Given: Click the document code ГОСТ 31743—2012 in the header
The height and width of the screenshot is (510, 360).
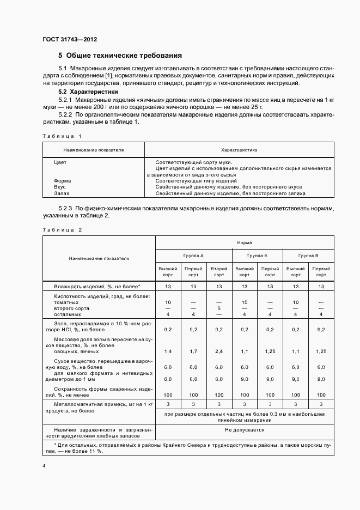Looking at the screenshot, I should coord(70,40).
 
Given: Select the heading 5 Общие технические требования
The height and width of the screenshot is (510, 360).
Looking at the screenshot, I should coord(120,56).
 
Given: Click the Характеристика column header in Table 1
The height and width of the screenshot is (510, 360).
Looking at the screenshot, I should coord(239,149).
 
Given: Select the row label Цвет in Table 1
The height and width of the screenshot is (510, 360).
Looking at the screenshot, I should coord(60,162).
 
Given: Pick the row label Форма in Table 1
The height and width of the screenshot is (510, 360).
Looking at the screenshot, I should coord(63,180).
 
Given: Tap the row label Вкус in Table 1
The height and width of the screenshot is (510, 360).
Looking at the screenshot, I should coord(60,187).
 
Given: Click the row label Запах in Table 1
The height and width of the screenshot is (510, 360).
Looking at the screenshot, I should coord(62,193).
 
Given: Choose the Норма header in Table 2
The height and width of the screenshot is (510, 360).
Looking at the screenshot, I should coord(244,242).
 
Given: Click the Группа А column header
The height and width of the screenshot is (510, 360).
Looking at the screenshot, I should coord(194,255).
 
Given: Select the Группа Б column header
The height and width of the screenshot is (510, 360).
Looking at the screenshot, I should coord(257,255).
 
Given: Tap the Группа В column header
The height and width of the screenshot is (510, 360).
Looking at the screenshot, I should coord(308,255).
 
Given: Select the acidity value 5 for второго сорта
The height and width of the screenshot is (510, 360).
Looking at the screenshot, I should coord(219,308).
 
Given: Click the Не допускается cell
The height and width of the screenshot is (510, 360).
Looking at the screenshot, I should coord(244,430).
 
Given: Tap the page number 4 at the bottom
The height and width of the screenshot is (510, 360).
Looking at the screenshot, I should coord(44,466).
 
